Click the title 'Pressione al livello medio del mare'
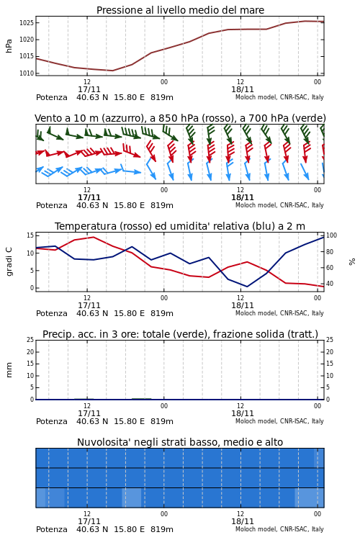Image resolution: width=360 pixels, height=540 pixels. click(x=180, y=10)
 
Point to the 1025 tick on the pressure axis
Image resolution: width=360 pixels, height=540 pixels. click(x=27, y=23)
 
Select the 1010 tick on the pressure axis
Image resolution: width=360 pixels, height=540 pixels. click(x=27, y=73)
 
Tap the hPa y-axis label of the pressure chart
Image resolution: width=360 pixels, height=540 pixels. click(x=9, y=46)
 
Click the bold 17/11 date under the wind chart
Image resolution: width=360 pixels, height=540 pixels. click(x=89, y=197)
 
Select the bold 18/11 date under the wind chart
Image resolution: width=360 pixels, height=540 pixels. click(x=242, y=197)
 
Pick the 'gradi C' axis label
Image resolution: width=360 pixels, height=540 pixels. click(x=9, y=261)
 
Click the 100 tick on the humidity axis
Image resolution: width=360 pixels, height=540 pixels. click(x=331, y=235)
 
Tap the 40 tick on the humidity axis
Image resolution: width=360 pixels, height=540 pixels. click(x=330, y=284)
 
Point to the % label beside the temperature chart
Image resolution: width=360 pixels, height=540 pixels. click(x=352, y=262)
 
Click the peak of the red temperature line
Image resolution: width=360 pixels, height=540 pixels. click(x=94, y=237)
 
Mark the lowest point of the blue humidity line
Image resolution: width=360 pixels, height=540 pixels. click(x=247, y=287)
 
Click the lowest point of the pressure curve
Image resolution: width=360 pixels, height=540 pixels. click(x=112, y=71)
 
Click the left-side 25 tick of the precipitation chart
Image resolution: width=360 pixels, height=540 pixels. click(x=30, y=340)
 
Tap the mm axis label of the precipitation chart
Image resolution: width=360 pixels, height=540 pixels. click(x=9, y=370)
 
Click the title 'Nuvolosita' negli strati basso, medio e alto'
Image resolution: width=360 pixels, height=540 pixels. click(x=180, y=442)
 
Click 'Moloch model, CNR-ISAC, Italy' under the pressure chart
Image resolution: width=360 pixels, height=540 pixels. click(x=279, y=97)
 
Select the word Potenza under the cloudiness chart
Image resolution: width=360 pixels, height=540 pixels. click(x=52, y=529)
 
